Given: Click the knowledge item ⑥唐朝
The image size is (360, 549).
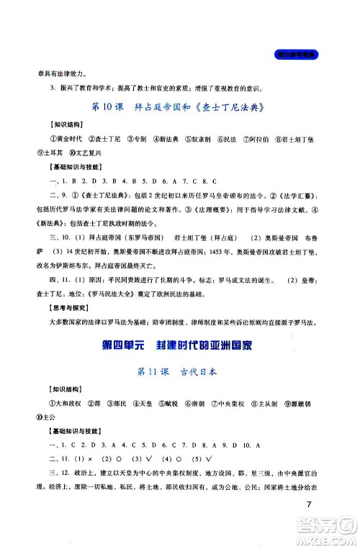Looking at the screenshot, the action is pos(189,404).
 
